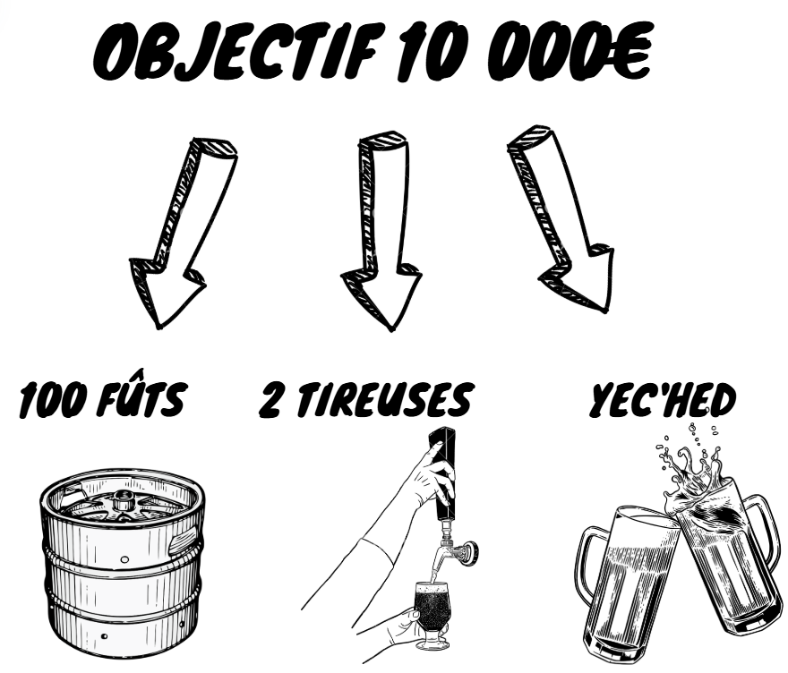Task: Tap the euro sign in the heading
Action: point(630,50)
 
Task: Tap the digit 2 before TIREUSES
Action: point(271,400)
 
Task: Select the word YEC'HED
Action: point(663,400)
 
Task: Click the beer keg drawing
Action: point(122,563)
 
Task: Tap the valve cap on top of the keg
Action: point(122,499)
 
